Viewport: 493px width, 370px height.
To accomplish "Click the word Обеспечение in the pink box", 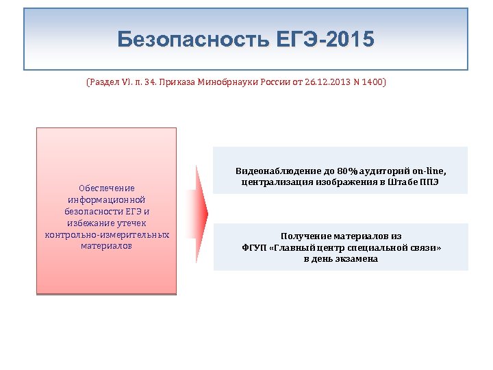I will pos(106,188).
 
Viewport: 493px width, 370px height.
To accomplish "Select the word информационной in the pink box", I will pos(106,199).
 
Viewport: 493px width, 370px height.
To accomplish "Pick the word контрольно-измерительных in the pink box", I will pos(106,234).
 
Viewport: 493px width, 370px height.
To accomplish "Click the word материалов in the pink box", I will pos(106,246).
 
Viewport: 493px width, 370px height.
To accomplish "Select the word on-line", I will pos(430,170).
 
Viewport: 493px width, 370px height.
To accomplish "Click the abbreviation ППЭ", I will pos(425,182).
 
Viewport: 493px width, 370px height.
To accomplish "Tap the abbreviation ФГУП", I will pos(254,247).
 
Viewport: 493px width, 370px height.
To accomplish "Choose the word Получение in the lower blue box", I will pos(303,236).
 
